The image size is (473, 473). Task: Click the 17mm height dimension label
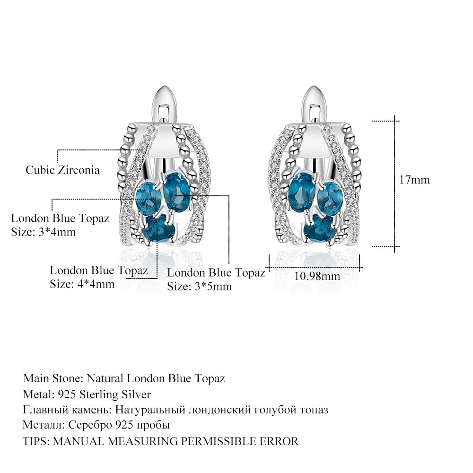[x=414, y=180]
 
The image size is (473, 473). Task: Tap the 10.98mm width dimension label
[x=317, y=276]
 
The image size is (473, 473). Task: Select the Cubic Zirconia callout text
[x=62, y=170]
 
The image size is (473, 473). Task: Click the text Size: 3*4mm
[x=43, y=232]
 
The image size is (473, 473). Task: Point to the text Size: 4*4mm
[x=82, y=284]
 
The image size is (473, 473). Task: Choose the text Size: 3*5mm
[x=199, y=286]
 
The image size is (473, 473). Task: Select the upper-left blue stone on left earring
[x=146, y=198]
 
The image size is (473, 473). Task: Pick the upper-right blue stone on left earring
[x=176, y=189]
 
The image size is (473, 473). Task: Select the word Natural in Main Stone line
[x=105, y=378]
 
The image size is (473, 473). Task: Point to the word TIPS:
[x=36, y=441]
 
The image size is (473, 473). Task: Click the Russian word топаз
[x=312, y=410]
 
